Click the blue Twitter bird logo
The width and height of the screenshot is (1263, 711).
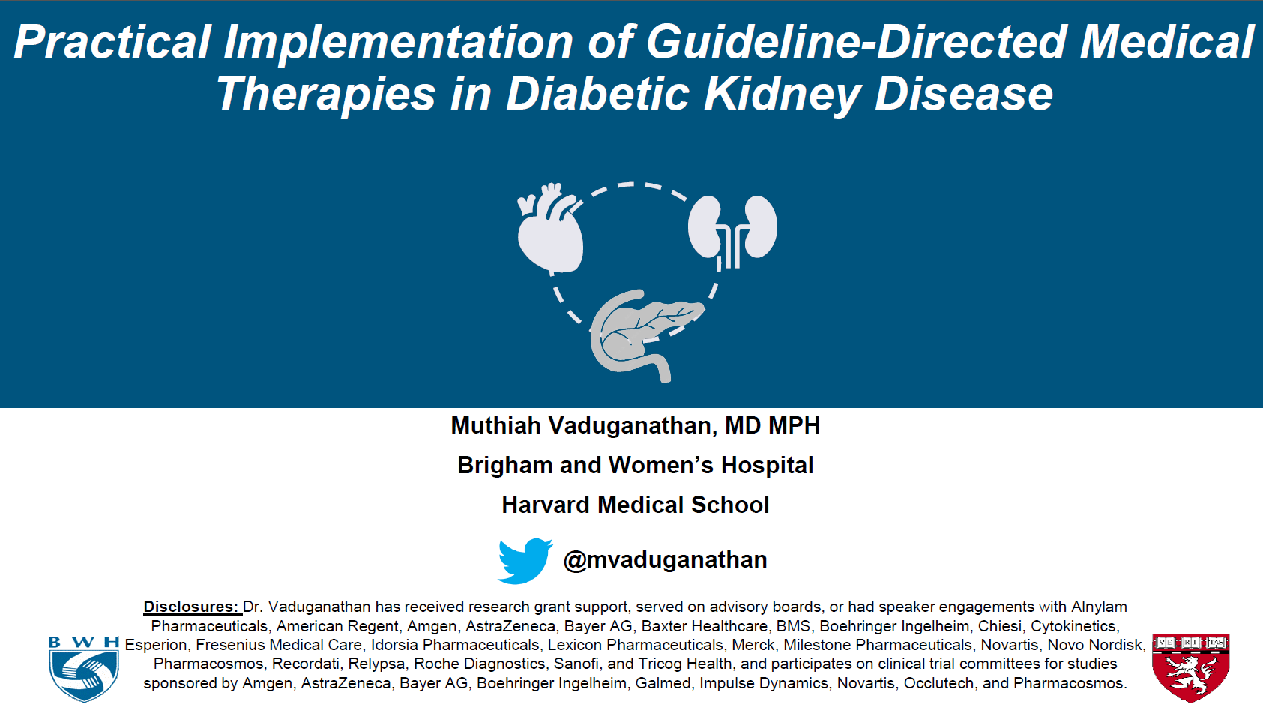525,560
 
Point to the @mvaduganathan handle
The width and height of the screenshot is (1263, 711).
666,559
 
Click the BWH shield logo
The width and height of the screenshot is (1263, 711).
84,669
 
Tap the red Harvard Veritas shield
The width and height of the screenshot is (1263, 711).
1191,667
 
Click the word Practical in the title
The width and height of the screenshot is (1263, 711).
112,42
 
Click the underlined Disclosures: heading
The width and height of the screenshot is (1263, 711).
192,607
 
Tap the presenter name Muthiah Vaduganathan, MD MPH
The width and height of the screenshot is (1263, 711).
636,425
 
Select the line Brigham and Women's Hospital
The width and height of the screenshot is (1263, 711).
636,466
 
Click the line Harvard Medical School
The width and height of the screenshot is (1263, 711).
636,505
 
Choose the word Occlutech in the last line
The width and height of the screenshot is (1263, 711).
938,683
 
